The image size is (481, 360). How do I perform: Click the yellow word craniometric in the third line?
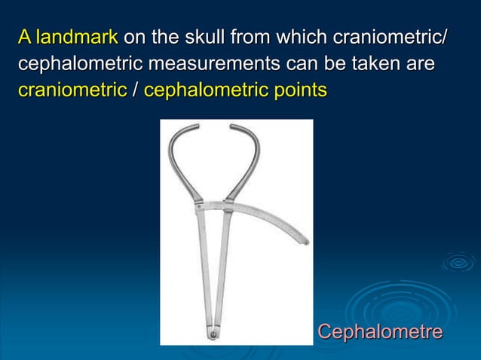tap(72, 90)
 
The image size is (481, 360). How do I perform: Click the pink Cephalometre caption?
tap(378, 331)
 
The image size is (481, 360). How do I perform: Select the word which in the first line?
tap(302, 38)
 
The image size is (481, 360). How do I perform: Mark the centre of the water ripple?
tap(458, 262)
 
